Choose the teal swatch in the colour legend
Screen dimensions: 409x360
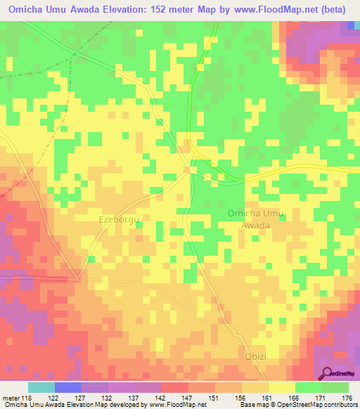pyautogui.click(x=41, y=388)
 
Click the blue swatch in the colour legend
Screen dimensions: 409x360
pyautogui.click(x=67, y=388)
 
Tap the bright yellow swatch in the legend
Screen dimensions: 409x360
pyautogui.click(x=281, y=388)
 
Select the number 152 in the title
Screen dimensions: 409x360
pyautogui.click(x=165, y=10)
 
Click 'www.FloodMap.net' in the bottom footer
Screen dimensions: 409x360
pyautogui.click(x=177, y=405)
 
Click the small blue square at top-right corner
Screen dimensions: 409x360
pyautogui.click(x=350, y=25)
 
